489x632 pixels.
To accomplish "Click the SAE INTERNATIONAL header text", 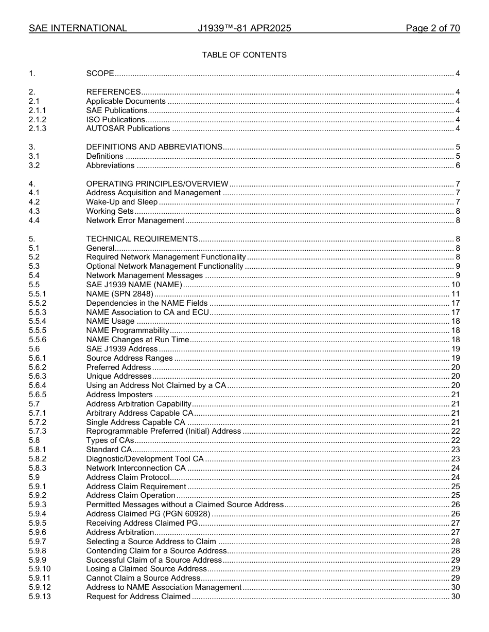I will (x=78, y=28).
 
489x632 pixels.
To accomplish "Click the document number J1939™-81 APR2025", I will (x=244, y=28).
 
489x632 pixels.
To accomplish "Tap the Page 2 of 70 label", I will (x=432, y=28).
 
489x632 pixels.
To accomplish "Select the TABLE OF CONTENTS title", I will (x=244, y=55).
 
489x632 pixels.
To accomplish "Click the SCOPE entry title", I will (x=100, y=73).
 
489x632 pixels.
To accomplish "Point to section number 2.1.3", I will (x=38, y=128).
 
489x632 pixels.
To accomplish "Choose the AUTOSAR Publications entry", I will (x=128, y=128).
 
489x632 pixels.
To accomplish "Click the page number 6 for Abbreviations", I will (x=458, y=165).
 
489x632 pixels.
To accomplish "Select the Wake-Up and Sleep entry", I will (x=121, y=202).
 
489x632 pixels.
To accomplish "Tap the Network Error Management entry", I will (x=135, y=220).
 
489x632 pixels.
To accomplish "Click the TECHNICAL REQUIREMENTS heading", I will (x=142, y=239).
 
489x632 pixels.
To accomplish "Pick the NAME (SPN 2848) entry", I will (x=119, y=294).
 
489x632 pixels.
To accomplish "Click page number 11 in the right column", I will (x=456, y=294).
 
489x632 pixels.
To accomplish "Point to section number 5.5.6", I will (x=38, y=340).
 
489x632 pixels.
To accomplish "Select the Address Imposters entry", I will (x=119, y=395).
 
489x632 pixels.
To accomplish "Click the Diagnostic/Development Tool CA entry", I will (x=145, y=459).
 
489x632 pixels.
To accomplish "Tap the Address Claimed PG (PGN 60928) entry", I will (x=148, y=514).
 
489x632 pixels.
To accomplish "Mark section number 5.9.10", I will (x=40, y=569).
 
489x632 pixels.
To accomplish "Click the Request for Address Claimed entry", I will (x=138, y=597).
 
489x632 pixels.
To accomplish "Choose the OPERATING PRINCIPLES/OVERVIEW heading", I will (x=157, y=184).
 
